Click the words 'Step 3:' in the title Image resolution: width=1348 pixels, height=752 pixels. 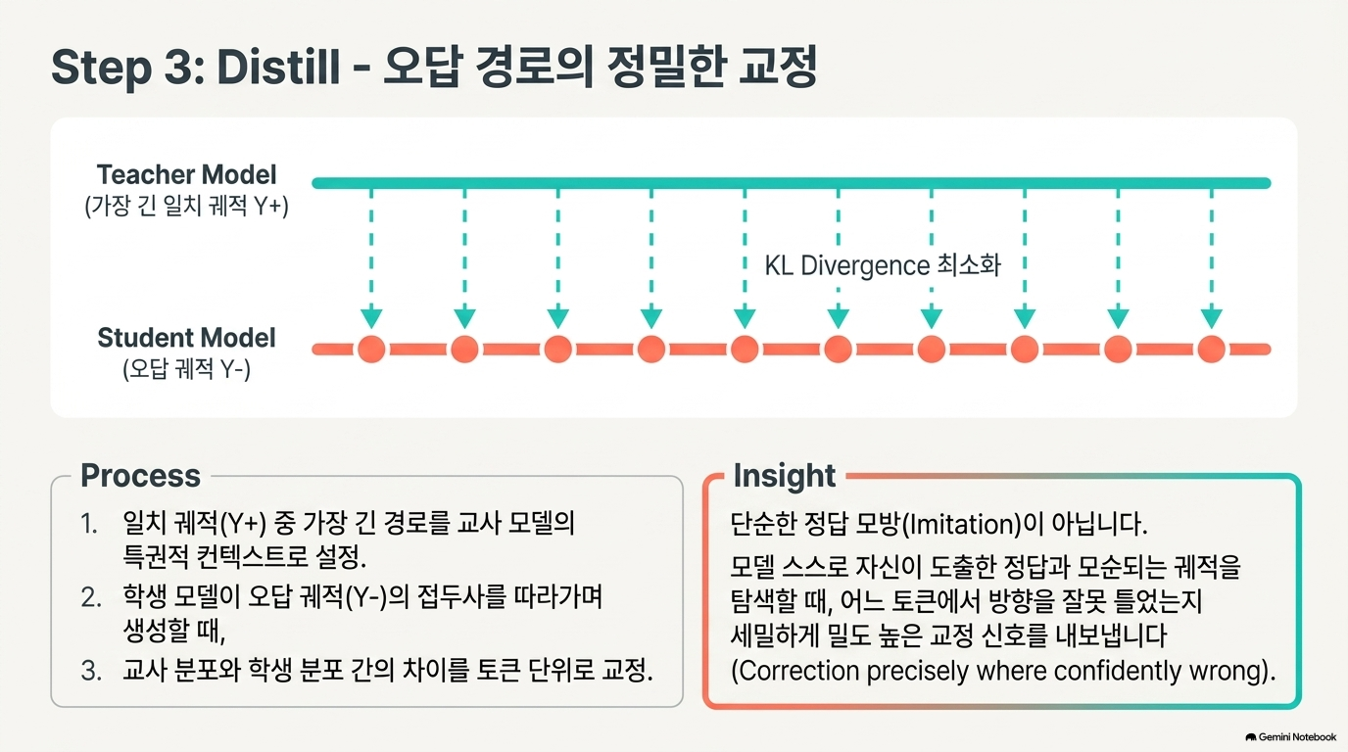pos(127,68)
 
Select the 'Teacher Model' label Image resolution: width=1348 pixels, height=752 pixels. pos(186,175)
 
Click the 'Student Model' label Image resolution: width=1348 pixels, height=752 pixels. pos(186,338)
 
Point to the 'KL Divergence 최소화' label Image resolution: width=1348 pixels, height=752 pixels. pos(883,265)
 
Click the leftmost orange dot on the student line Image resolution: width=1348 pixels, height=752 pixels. pos(371,349)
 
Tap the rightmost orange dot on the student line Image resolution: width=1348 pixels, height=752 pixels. pos(1212,349)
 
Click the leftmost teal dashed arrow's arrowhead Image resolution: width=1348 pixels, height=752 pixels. pos(371,317)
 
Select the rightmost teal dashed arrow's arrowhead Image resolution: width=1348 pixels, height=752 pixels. pos(1212,317)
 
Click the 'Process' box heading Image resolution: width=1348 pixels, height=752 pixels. pos(140,475)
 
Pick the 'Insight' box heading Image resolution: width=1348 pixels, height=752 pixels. pos(784,476)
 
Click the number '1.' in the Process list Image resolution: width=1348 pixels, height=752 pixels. pos(89,524)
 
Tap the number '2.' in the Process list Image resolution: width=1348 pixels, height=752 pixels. pos(91,597)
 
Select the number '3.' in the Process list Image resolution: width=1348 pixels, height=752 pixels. pos(91,671)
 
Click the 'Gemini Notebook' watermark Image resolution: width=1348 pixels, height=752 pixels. pos(1291,737)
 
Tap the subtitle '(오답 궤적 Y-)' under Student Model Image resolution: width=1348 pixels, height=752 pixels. pos(186,368)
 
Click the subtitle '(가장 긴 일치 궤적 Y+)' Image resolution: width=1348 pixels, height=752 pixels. pos(186,206)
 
